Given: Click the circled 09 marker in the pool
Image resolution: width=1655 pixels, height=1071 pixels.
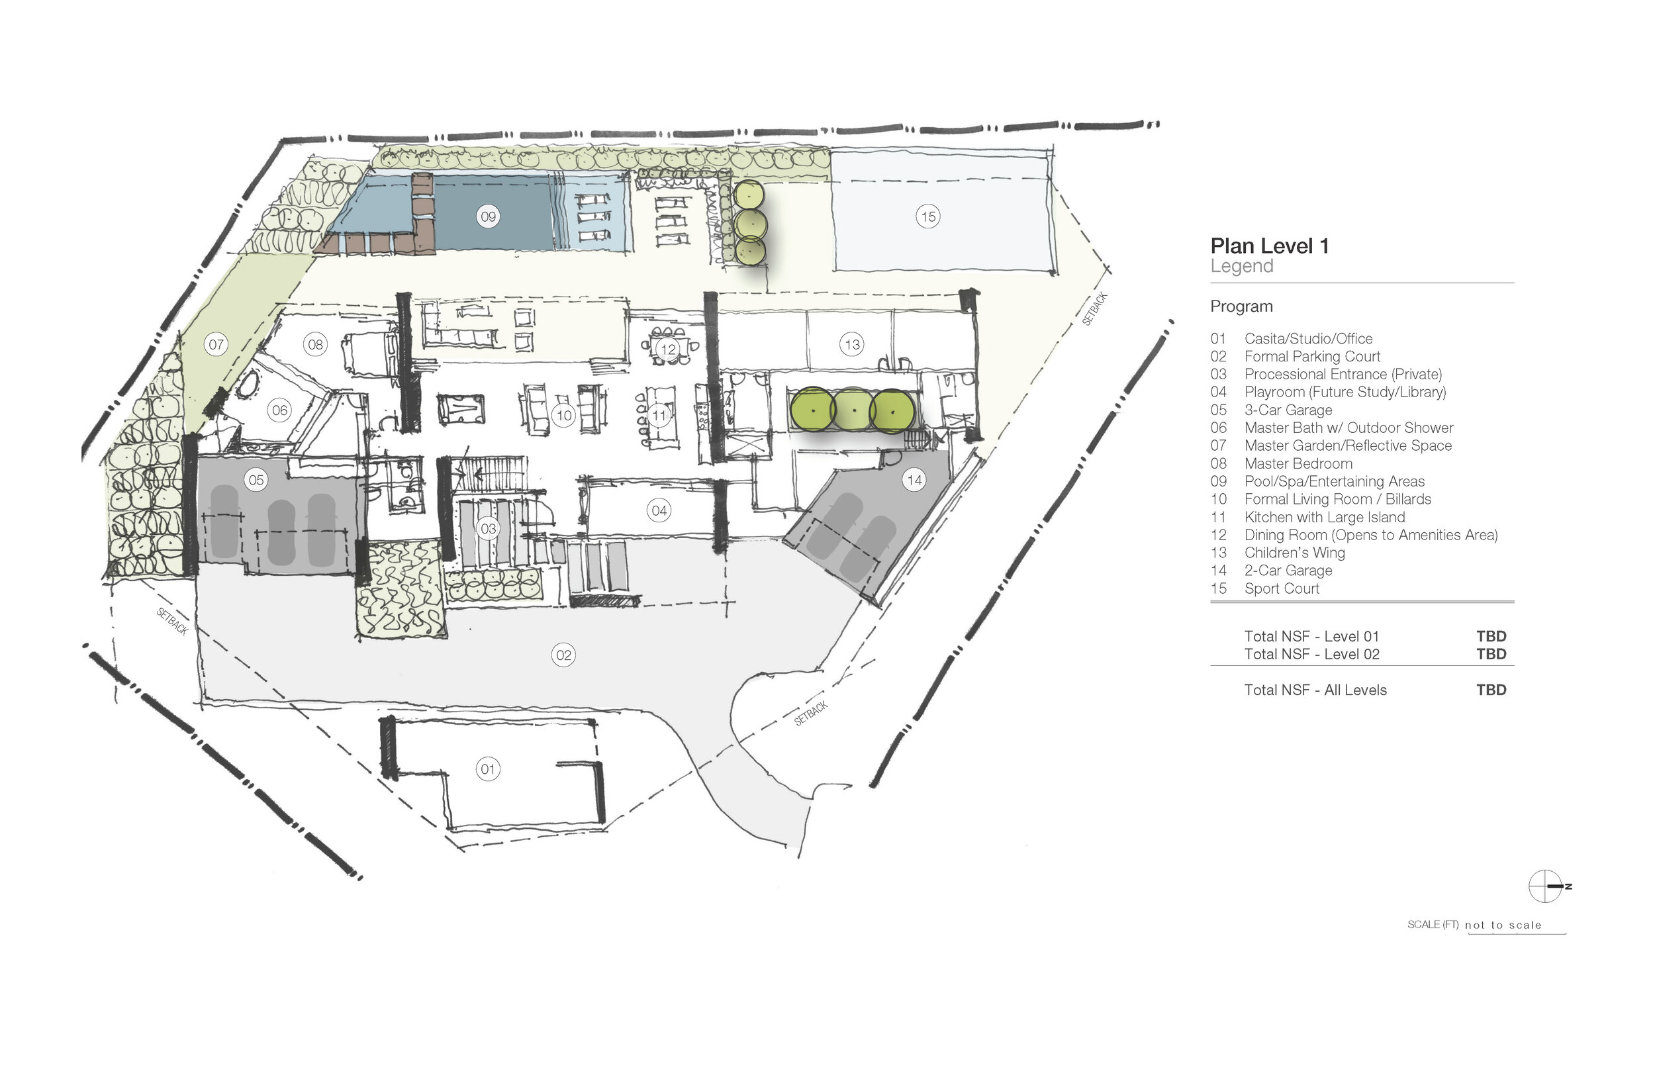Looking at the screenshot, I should click(488, 216).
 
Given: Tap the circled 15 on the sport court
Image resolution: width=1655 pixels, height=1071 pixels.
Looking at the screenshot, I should click(927, 216).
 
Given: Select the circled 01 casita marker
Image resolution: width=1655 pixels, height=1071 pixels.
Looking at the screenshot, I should click(487, 768).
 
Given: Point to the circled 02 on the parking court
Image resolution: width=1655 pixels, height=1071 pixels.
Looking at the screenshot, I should click(563, 655).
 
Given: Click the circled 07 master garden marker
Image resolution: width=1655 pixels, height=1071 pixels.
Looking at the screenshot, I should click(216, 344).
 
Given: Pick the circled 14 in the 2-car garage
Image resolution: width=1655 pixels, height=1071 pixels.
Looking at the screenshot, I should click(914, 479).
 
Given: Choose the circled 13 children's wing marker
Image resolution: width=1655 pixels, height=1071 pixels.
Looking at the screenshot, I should click(852, 344).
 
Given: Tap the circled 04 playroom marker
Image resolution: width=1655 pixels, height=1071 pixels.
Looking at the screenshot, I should click(659, 510).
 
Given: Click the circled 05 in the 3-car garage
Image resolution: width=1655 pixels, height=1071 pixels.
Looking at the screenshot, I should click(256, 479).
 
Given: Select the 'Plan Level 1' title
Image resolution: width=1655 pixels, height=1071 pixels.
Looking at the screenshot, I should click(1269, 246).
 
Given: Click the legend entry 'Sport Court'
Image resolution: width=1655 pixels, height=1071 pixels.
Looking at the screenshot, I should click(1282, 588).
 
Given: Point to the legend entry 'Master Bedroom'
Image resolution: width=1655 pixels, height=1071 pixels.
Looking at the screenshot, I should click(1298, 463).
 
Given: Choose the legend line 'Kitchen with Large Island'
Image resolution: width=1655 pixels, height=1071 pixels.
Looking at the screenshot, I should click(1325, 517).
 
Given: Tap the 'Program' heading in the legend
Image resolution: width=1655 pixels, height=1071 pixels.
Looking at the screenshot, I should click(1241, 306).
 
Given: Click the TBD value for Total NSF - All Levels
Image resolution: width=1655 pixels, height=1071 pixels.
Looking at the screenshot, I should click(1491, 690).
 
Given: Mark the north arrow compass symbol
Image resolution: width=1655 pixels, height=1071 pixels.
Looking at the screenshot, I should click(1545, 886).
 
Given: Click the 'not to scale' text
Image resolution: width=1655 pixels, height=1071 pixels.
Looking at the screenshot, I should click(1503, 925).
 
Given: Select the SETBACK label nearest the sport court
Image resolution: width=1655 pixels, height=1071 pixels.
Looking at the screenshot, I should click(1094, 310).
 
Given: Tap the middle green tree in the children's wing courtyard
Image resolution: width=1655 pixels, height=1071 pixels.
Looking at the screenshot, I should click(853, 410).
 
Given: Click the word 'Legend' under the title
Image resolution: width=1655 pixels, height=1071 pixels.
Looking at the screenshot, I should click(1241, 266).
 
